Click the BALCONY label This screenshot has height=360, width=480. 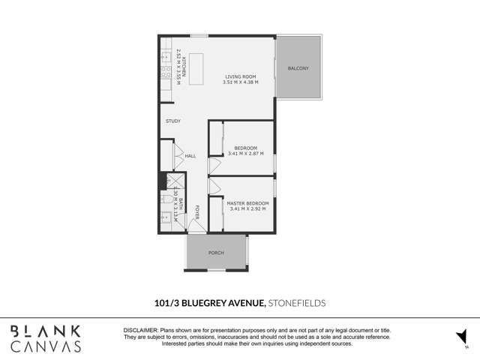[x=298, y=69]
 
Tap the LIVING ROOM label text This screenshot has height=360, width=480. [x=241, y=76]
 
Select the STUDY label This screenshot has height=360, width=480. [x=173, y=121]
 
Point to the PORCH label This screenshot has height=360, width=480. [x=216, y=253]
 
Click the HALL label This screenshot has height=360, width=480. [x=190, y=156]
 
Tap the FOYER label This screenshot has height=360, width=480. [x=198, y=211]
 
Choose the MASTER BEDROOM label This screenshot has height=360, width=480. [x=247, y=202]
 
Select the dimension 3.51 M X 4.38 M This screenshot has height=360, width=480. [x=240, y=82]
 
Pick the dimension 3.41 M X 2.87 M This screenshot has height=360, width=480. [x=245, y=154]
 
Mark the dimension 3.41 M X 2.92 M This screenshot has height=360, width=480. [x=247, y=208]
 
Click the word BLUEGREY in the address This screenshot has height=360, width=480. [x=218, y=303]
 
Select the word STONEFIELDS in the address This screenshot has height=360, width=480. [x=298, y=303]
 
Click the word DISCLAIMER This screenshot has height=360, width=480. [x=140, y=330]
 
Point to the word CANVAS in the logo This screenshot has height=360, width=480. [x=46, y=346]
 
